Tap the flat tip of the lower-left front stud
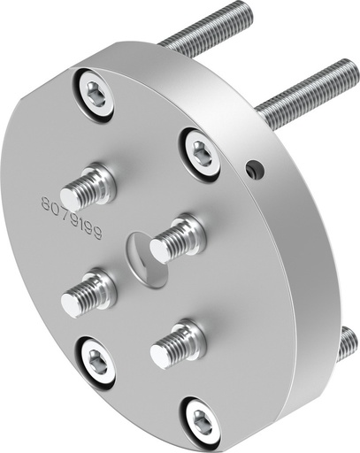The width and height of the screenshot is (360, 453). pyautogui.click(x=70, y=306)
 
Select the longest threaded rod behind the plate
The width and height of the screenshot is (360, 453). pyautogui.click(x=305, y=88)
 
